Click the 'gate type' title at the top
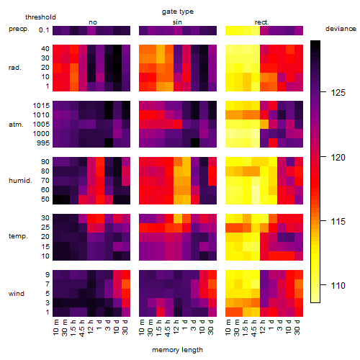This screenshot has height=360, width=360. click(178, 12)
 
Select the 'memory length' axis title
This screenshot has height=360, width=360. click(177, 350)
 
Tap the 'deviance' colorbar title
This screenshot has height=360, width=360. click(341, 29)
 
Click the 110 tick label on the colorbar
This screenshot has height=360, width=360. click(338, 285)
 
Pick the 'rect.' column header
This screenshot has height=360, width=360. click(261, 22)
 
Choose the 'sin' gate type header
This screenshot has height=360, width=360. click(177, 22)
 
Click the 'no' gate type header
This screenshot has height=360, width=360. click(93, 22)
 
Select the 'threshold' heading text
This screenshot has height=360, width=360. click(40, 17)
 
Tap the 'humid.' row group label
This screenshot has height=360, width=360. click(20, 181)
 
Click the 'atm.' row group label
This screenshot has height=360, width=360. click(16, 125)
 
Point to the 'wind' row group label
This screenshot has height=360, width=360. click(17, 294)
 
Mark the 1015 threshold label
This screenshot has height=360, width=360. click(41, 106)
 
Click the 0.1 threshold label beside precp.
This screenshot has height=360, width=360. click(44, 30)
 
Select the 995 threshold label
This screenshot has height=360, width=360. click(43, 143)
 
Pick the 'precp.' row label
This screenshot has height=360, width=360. click(19, 29)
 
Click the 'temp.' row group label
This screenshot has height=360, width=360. click(18, 236)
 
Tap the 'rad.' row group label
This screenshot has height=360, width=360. click(15, 68)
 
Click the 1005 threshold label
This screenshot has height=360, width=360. click(41, 125)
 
